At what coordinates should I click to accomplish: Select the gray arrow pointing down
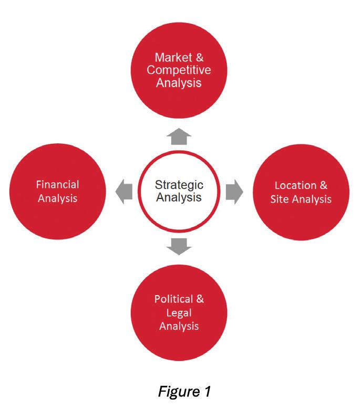pos(180,246)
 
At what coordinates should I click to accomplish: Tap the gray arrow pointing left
pos(124,190)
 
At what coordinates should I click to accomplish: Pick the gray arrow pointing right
pos(234,192)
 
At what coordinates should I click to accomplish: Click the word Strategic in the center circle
pos(179,185)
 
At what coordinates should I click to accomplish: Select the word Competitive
pos(180,70)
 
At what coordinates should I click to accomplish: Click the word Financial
pos(58,185)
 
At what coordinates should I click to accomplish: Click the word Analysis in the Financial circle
pos(58,198)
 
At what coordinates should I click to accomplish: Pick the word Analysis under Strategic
pos(179,198)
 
